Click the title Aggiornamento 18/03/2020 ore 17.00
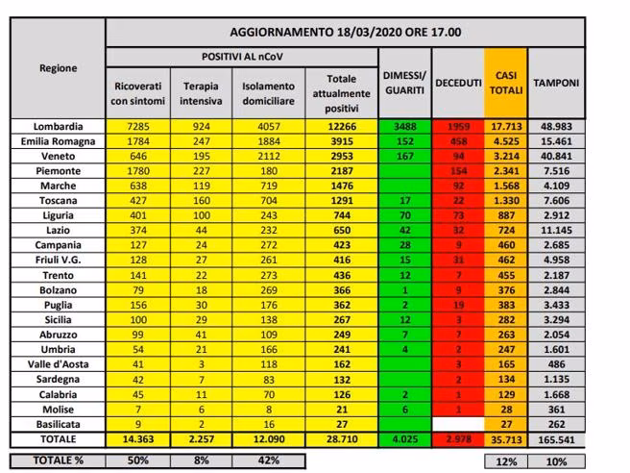pos(345,32)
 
